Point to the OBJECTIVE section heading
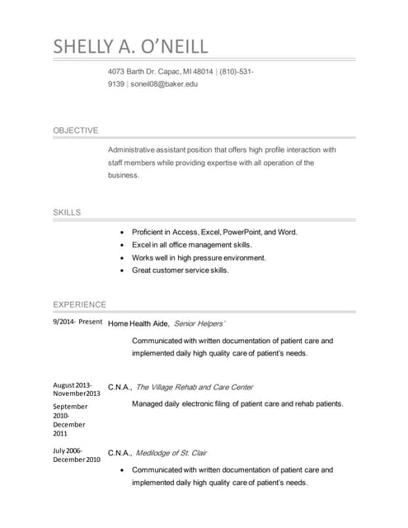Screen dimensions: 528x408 click(76, 130)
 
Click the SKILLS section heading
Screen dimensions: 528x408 click(68, 213)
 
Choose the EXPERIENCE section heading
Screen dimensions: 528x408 click(80, 304)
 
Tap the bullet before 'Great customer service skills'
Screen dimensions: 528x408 click(122, 271)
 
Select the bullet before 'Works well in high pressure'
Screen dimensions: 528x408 click(122, 258)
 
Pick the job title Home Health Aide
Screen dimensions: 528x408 click(138, 323)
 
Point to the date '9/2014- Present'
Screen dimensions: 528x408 click(77, 323)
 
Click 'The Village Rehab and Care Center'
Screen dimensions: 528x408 click(195, 387)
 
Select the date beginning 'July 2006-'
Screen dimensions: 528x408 click(68, 450)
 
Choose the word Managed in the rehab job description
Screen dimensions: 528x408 click(149, 404)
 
